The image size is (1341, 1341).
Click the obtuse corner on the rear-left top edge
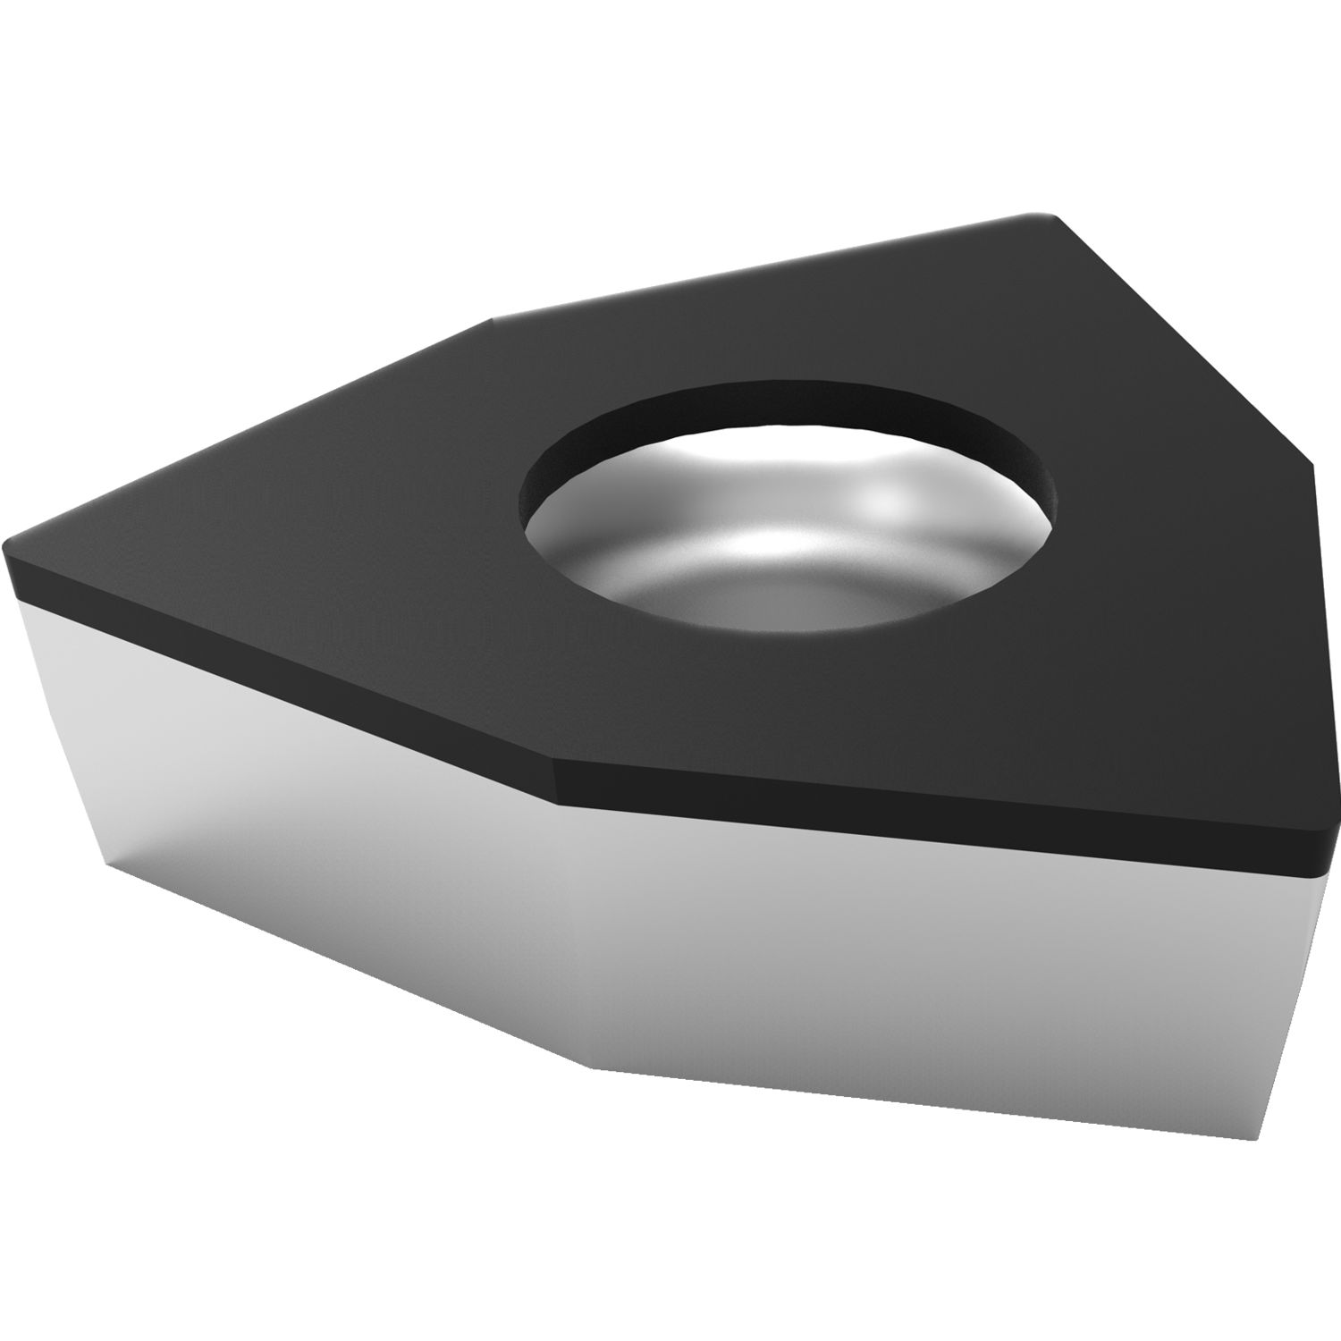(492, 320)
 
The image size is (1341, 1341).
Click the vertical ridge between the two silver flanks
(572, 930)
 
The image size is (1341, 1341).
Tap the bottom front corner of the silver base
(590, 1067)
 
